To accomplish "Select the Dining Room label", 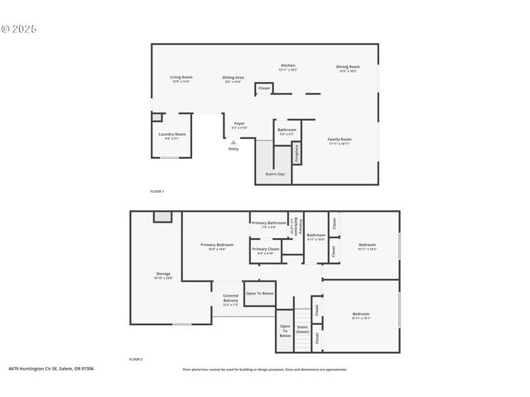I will pyautogui.click(x=348, y=68).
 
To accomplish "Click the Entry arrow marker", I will pyautogui.click(x=233, y=142).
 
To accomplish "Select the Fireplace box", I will pyautogui.click(x=296, y=154).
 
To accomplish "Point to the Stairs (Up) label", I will pyautogui.click(x=275, y=174).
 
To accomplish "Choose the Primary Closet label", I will pyautogui.click(x=266, y=251).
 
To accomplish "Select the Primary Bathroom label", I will pyautogui.click(x=270, y=223).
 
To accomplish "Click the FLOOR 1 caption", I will pyautogui.click(x=157, y=191).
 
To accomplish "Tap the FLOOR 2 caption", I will pyautogui.click(x=135, y=360).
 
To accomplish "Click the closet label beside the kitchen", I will pyautogui.click(x=264, y=88).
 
